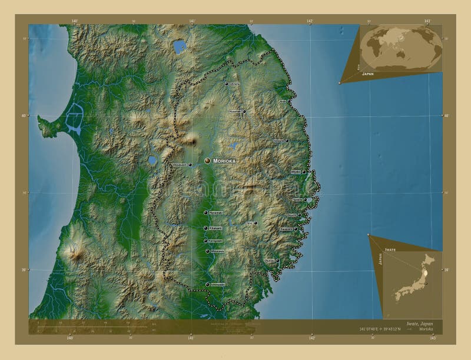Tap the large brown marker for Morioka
[x=207, y=161]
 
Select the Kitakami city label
[x=215, y=228]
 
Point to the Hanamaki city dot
[x=205, y=213]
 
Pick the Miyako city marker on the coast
[x=304, y=172]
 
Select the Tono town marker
[x=256, y=223]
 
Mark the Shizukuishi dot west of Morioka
[x=190, y=165]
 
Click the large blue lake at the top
[x=178, y=45]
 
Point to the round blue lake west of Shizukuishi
[x=152, y=159]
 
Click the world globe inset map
[x=400, y=47]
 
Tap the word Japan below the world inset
[x=368, y=75]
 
